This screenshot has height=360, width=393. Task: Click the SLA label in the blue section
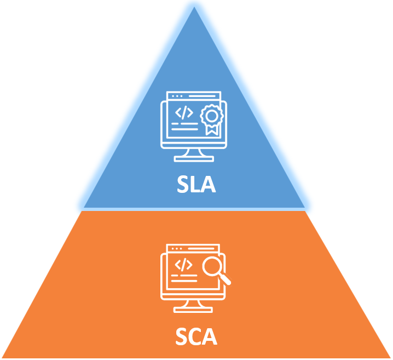point(196,184)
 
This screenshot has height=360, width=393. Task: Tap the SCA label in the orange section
point(196,336)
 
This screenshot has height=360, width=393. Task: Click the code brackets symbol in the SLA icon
point(184,112)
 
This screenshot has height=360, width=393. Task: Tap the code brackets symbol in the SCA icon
point(183,265)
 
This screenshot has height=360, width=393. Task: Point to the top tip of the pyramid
point(194,8)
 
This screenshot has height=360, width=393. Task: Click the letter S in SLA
point(183,184)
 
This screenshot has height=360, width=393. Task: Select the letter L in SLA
point(195,184)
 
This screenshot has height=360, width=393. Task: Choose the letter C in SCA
point(196,336)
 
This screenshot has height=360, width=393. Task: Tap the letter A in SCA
point(210,336)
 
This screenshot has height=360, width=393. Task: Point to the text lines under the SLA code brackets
point(183,127)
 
